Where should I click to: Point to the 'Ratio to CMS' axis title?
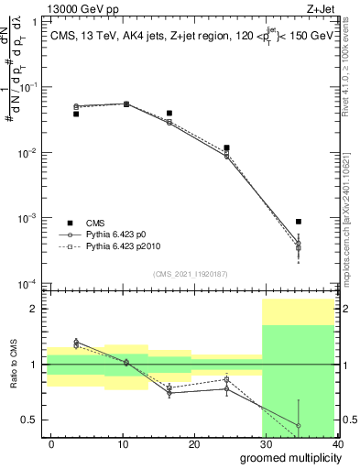point(13,365)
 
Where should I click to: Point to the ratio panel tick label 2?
point(35,309)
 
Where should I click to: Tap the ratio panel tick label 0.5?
point(31,420)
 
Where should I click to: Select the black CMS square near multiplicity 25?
point(226,147)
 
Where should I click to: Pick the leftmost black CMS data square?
point(76,114)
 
